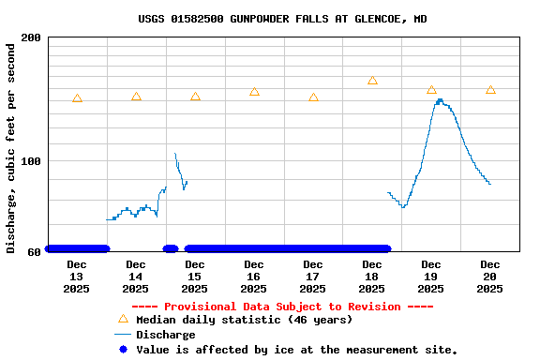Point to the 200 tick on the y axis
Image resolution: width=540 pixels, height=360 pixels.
(31, 37)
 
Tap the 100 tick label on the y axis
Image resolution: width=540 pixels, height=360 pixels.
(31, 161)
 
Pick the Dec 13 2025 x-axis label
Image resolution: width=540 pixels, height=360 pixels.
(77, 277)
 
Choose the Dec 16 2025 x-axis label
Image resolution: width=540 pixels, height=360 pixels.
(254, 277)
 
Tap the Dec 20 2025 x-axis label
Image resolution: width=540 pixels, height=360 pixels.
(490, 277)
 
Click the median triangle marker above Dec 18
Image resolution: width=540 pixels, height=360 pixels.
(372, 81)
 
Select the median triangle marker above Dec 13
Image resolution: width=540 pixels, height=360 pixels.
(77, 98)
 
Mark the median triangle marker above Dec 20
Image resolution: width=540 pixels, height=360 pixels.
(490, 90)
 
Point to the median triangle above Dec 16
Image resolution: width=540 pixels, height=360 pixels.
(254, 92)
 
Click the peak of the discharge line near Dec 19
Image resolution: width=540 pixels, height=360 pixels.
(440, 100)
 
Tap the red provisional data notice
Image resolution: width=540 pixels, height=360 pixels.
(282, 307)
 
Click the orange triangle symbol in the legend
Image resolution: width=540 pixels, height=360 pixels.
(123, 319)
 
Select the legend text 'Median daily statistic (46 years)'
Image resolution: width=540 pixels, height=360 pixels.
(244, 320)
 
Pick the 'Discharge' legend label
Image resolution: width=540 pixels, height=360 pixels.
(166, 335)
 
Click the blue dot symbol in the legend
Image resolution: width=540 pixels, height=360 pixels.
(123, 349)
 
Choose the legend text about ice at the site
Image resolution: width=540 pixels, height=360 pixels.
(297, 350)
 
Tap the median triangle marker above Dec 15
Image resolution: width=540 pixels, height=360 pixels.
(195, 97)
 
